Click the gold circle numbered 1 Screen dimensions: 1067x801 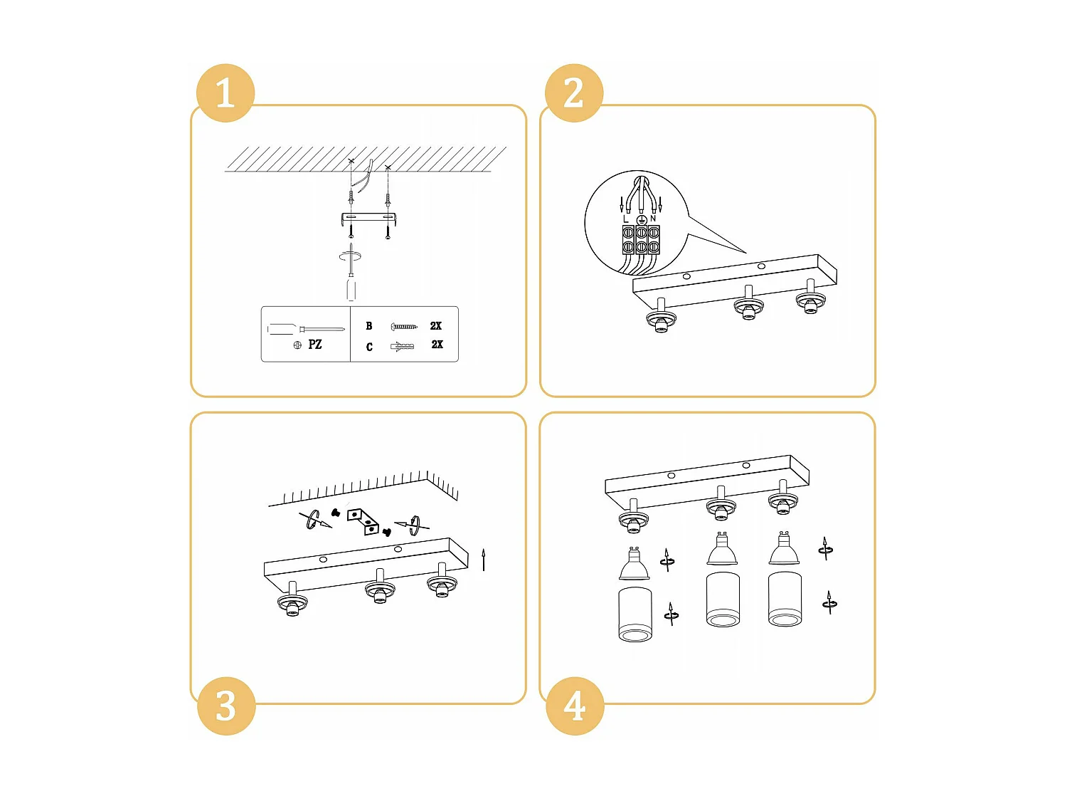tap(225, 93)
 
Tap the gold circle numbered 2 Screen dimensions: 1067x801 tap(573, 93)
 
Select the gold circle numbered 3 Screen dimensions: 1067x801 tap(226, 706)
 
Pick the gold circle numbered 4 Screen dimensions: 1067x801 tap(575, 706)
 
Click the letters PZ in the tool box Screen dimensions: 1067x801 tap(314, 345)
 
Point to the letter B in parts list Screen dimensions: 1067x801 tap(369, 326)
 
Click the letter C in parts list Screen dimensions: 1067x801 tap(369, 347)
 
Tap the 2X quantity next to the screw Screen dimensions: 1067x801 tap(435, 326)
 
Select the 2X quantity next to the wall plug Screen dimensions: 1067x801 tap(437, 345)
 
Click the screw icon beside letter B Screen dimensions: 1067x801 tap(404, 326)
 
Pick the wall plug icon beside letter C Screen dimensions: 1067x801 tap(402, 346)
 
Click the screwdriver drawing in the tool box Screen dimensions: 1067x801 tap(306, 329)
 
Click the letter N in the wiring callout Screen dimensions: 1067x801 tap(653, 219)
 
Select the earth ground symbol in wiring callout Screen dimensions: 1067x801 tap(641, 220)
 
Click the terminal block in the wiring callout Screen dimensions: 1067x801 tap(641, 239)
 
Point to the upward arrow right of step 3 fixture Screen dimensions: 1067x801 tap(483, 560)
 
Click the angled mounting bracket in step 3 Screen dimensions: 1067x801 tap(363, 521)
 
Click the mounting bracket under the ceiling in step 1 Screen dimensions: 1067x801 tap(369, 219)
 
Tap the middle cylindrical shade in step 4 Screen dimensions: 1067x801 tap(723, 600)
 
